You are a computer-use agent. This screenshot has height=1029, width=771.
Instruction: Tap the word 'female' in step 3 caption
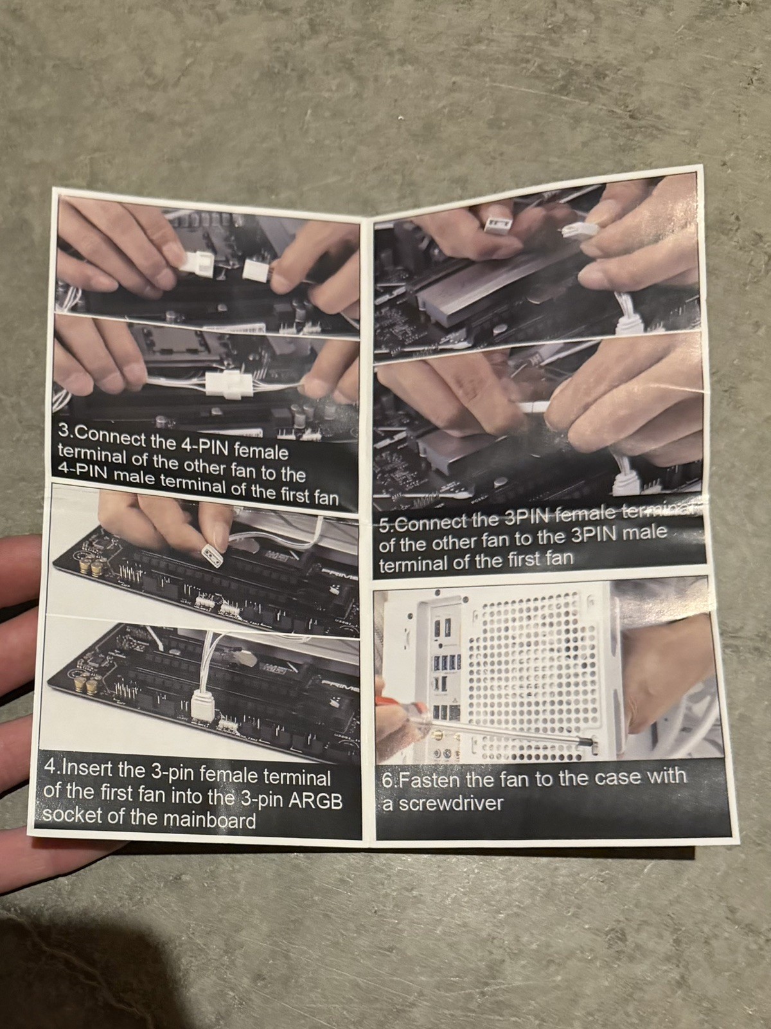[260, 452]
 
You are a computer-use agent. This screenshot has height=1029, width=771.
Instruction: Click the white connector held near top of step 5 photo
[496, 224]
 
